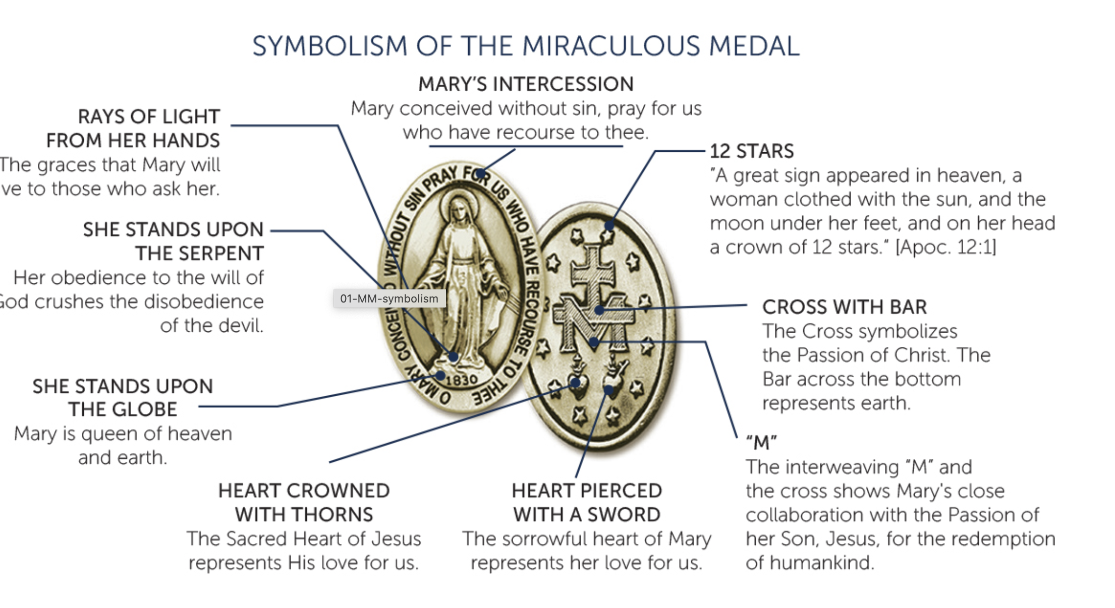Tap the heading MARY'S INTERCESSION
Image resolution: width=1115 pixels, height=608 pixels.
click(x=526, y=84)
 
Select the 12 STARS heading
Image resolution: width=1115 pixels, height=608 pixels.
click(x=751, y=151)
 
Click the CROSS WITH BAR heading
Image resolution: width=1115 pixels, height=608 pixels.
click(x=844, y=307)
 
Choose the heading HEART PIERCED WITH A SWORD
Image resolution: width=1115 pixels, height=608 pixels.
click(x=586, y=503)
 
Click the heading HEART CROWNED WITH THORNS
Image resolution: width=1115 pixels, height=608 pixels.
click(x=304, y=503)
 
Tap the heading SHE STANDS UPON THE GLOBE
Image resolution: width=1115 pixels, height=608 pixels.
click(x=123, y=398)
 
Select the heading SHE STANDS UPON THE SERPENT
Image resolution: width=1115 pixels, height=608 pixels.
click(x=173, y=241)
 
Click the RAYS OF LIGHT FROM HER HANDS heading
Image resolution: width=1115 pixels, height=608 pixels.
click(x=133, y=128)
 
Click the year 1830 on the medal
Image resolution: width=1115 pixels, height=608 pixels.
click(x=462, y=380)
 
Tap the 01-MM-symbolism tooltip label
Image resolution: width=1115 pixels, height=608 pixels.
click(x=389, y=298)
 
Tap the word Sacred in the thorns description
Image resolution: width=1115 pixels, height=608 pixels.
click(x=254, y=539)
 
